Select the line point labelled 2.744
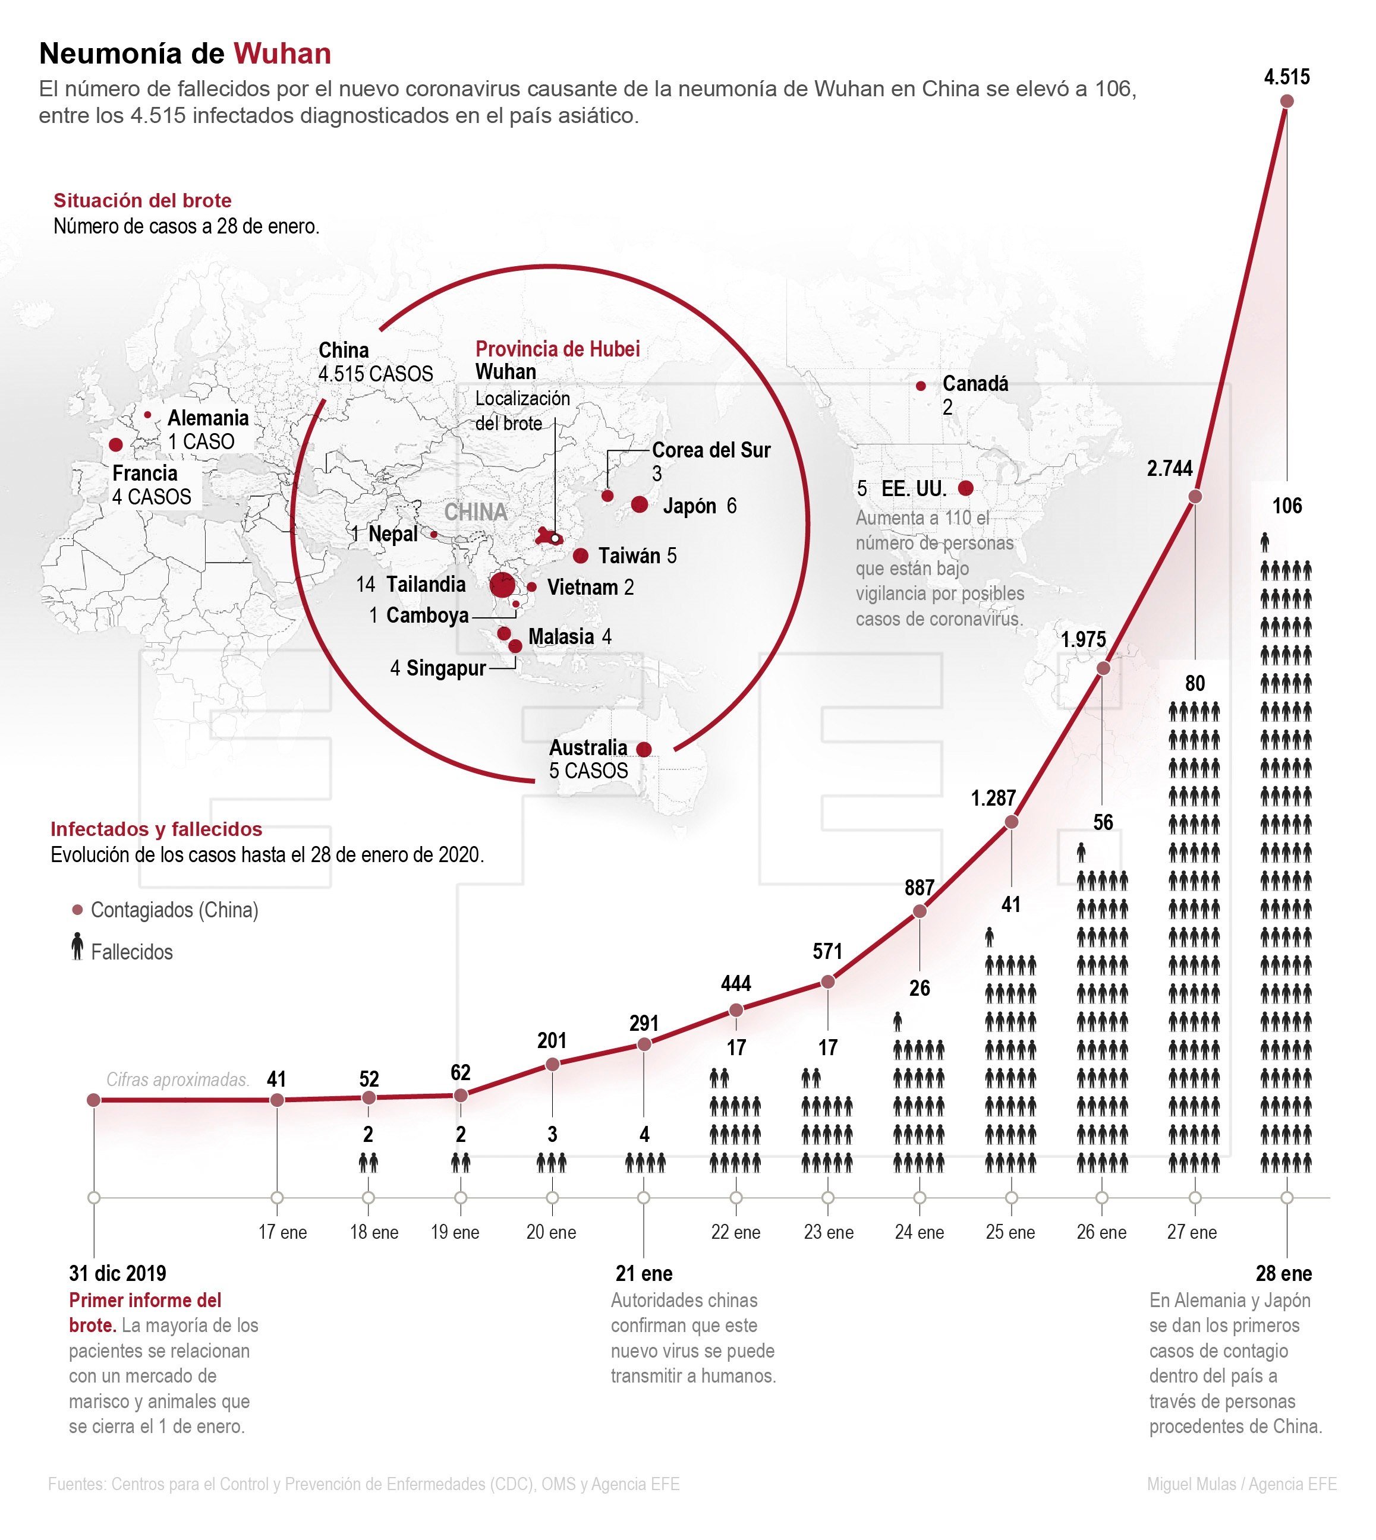coord(1195,497)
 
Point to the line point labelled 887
coord(920,911)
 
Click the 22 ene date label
coord(736,1232)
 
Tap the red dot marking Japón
coord(640,504)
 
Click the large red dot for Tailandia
coord(503,586)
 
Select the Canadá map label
coord(975,384)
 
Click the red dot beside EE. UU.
coord(965,488)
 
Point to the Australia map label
coord(588,747)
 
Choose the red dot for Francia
coord(116,444)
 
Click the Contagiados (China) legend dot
coord(76,910)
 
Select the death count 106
coord(1287,506)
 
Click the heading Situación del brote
coord(142,201)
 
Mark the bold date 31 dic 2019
coord(118,1273)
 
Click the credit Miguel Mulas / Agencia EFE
coord(1242,1484)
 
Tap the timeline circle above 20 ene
coord(553,1198)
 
